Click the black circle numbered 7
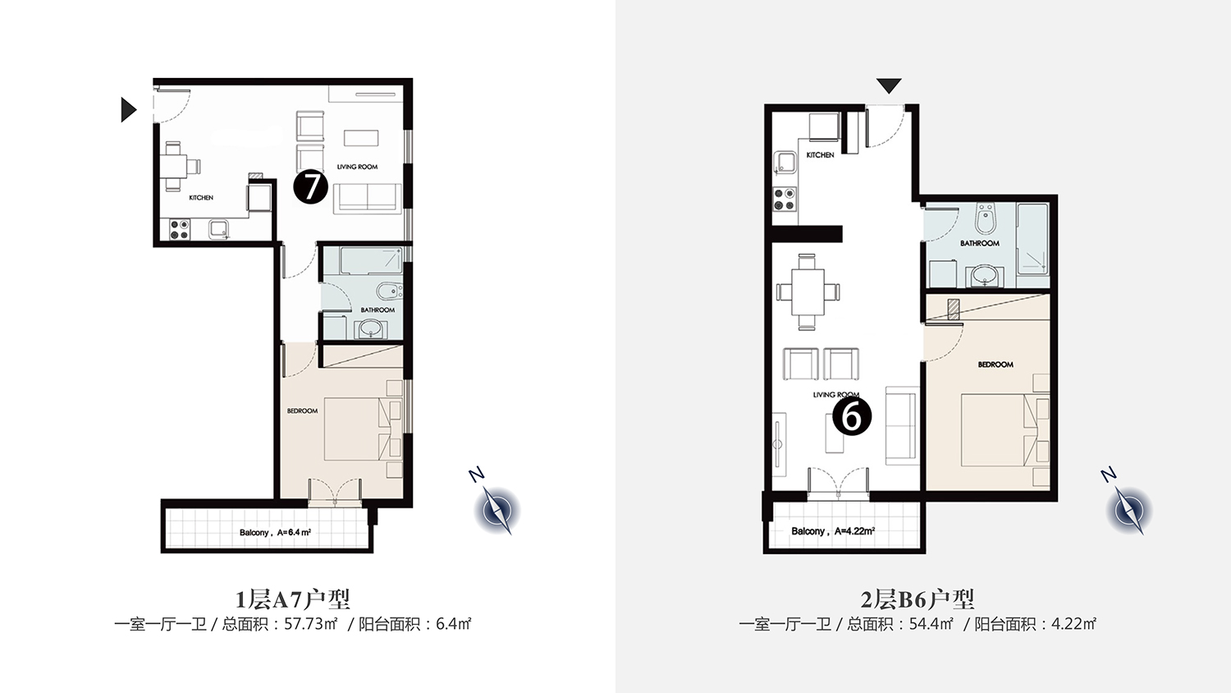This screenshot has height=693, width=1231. point(310,187)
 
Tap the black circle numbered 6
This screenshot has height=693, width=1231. point(852,416)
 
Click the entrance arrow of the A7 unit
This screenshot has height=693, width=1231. point(128,109)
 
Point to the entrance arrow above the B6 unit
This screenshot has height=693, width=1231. point(889,85)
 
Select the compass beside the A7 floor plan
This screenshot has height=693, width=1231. point(497,509)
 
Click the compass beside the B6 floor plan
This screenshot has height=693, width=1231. point(1128,509)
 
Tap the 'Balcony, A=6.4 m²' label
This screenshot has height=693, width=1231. point(275,532)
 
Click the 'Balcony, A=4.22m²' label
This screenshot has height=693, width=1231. point(833,531)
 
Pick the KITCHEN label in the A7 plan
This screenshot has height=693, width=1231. point(201,197)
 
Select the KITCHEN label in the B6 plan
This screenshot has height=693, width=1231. point(820,155)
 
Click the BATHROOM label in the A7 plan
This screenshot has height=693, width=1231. point(378,310)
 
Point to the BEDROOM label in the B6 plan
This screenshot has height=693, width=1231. point(995,365)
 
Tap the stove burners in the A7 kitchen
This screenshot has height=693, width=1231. point(179,229)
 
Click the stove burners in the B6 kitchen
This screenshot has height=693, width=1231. point(785,199)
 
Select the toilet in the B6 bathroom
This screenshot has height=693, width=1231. point(985,218)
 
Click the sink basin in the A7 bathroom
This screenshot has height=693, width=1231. point(371,330)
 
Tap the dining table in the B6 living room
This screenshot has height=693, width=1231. point(808,291)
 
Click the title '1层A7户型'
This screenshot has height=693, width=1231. point(292,599)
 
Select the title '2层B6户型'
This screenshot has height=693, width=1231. point(918,599)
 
